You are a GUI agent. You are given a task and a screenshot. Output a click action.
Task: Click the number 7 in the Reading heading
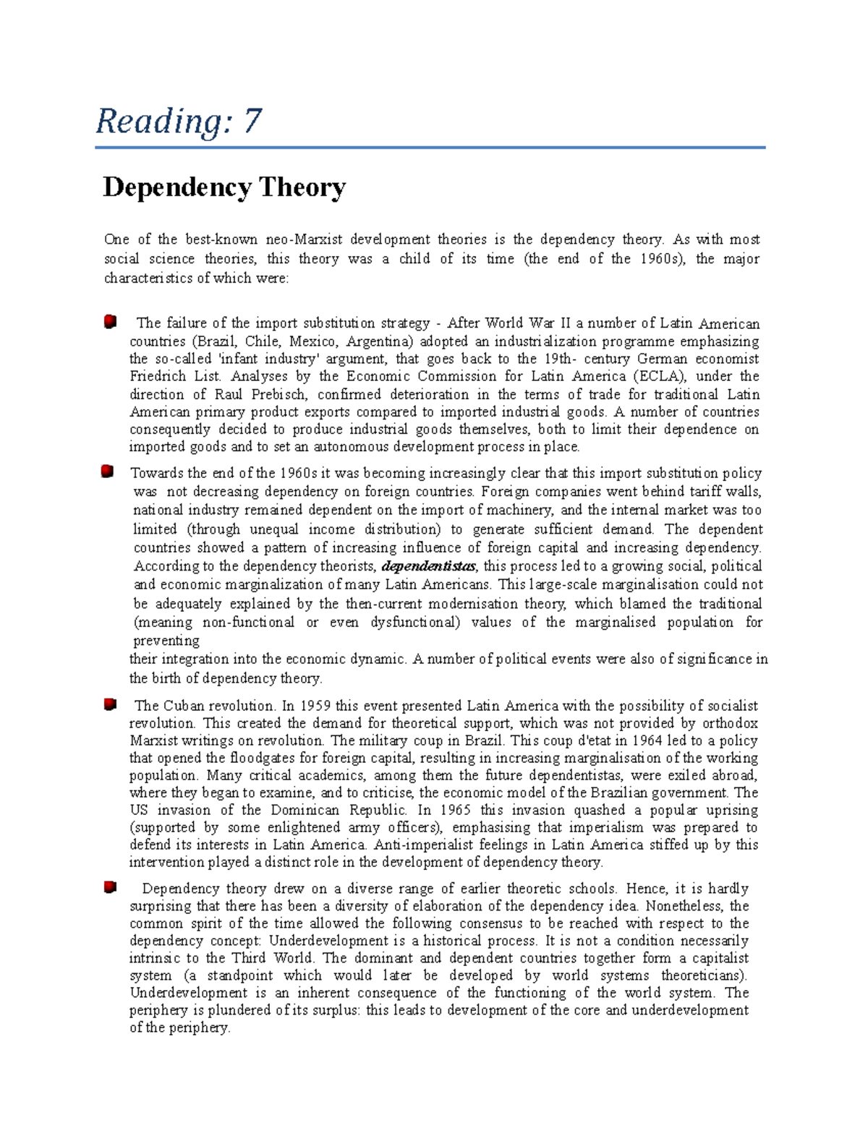point(252,121)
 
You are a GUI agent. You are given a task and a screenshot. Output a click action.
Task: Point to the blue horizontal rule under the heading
point(430,148)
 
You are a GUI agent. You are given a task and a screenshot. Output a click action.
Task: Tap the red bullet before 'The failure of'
point(110,321)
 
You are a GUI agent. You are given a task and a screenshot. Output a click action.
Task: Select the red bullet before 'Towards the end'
point(108,472)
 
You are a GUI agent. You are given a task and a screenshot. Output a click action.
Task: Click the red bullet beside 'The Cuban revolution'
point(110,704)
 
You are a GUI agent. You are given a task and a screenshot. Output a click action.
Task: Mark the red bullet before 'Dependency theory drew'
point(110,887)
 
